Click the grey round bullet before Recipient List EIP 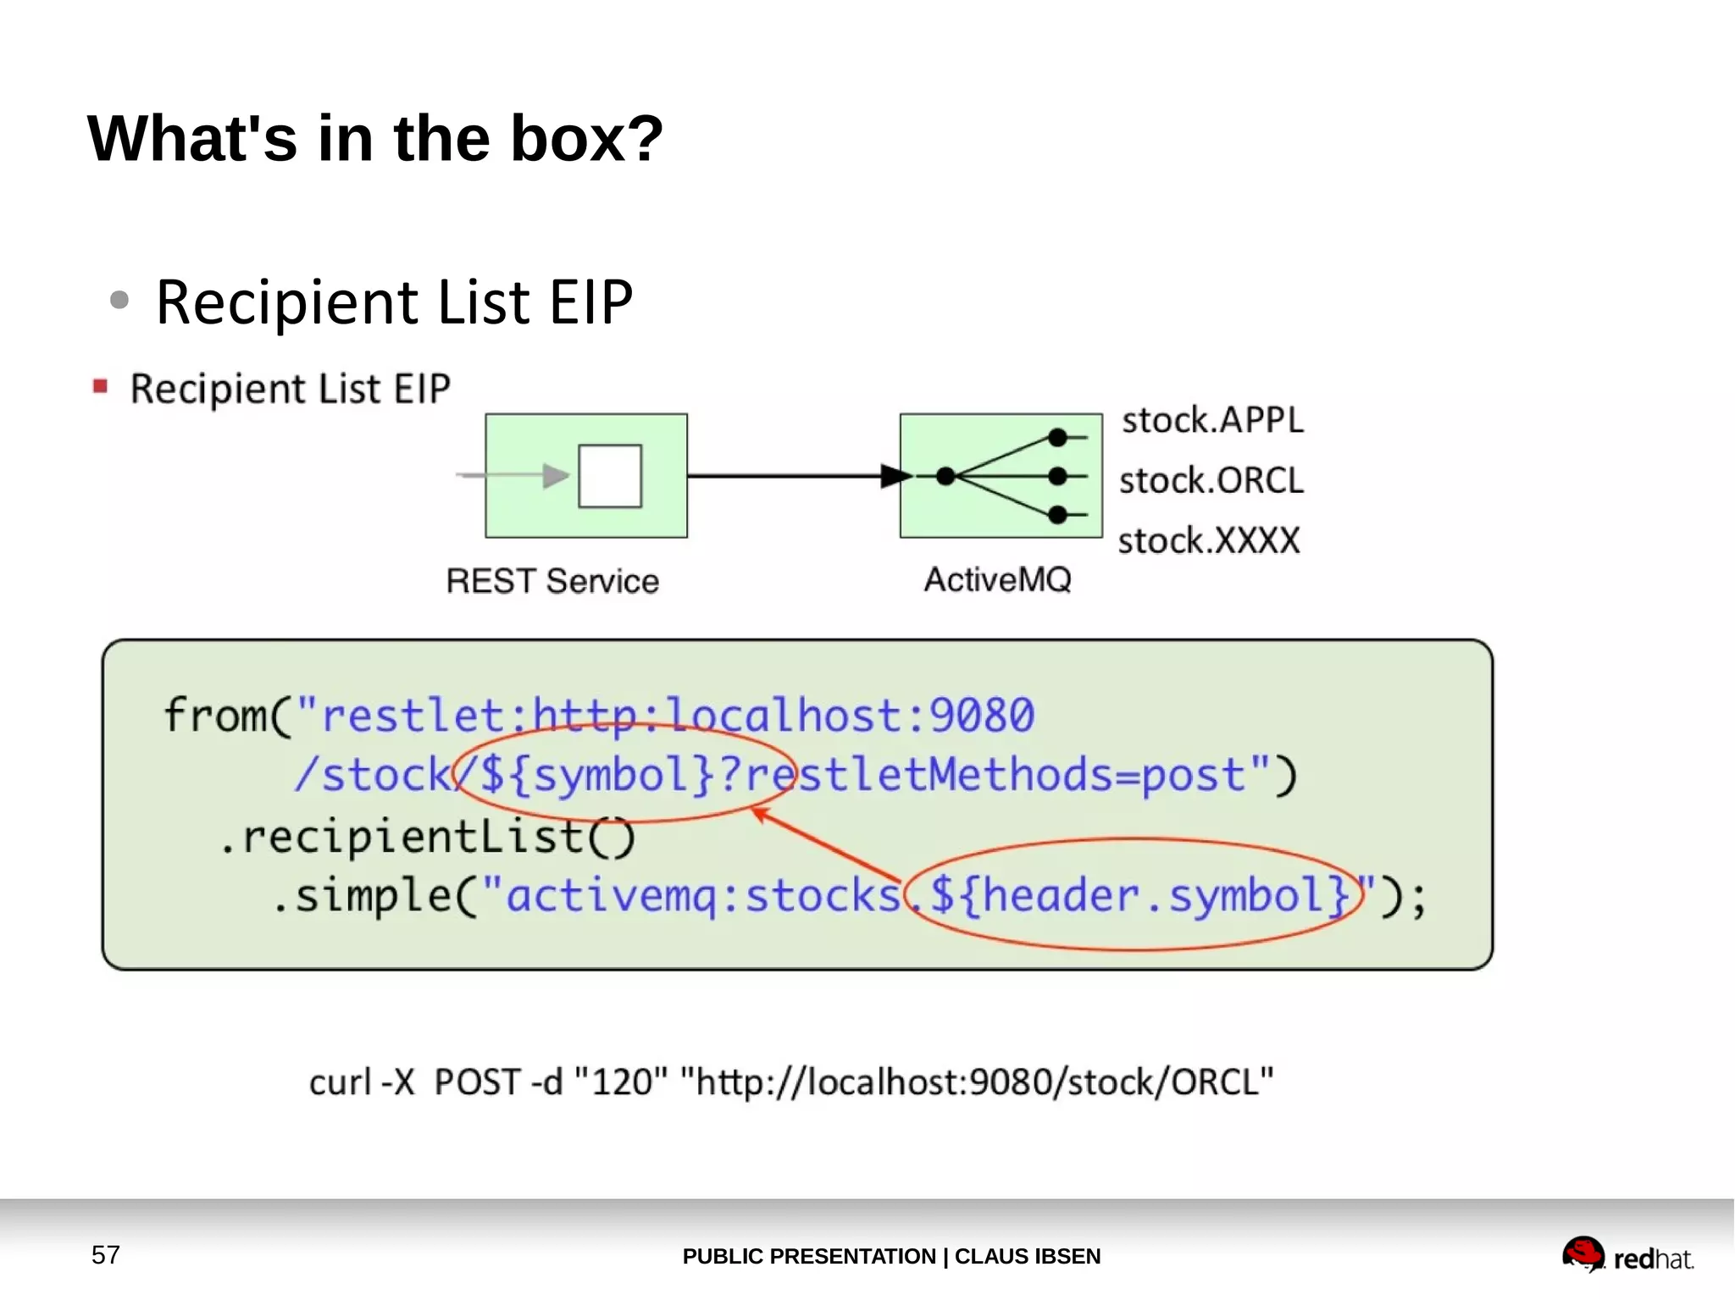click(119, 299)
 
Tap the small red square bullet click(100, 387)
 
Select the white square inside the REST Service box click(610, 476)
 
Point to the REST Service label click(552, 581)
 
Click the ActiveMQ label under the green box click(997, 580)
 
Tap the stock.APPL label click(1212, 420)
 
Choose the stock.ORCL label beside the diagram click(1211, 480)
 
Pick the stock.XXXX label click(1209, 540)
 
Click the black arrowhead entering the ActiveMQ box click(895, 476)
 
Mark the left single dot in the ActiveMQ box click(946, 476)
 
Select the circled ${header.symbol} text click(1139, 895)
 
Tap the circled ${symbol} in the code click(597, 774)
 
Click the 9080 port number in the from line click(982, 715)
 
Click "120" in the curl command click(621, 1081)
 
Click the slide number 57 click(106, 1254)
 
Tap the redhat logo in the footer click(1627, 1255)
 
